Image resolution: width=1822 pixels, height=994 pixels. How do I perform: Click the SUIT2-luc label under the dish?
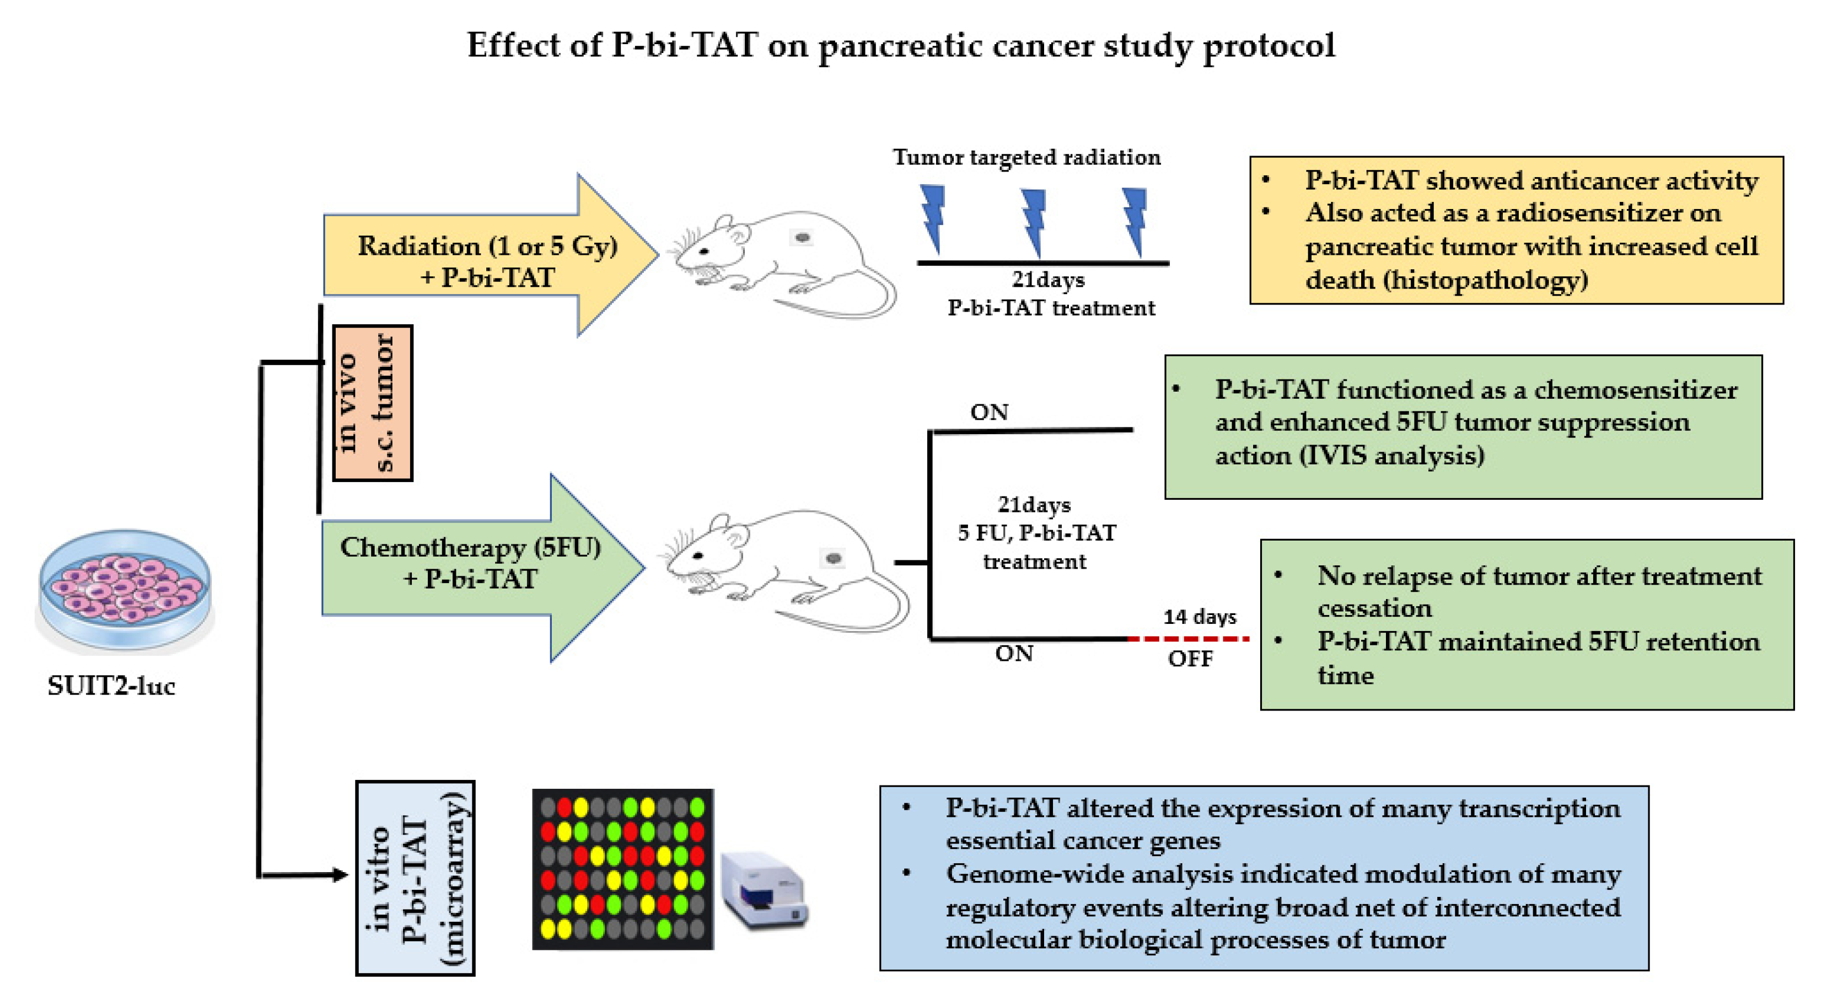[111, 685]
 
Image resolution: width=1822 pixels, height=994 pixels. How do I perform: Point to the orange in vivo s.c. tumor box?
[373, 403]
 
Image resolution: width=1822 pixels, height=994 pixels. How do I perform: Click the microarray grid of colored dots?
[622, 869]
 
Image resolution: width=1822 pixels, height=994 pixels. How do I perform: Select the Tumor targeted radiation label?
[1026, 157]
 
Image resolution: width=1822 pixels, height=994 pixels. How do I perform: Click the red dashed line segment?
[1188, 638]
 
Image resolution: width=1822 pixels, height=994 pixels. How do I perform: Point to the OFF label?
[1190, 659]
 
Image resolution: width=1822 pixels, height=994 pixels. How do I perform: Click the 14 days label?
[1200, 617]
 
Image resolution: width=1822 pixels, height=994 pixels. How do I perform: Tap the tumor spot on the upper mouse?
[802, 238]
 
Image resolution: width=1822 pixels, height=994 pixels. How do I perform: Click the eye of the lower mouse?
[698, 555]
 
